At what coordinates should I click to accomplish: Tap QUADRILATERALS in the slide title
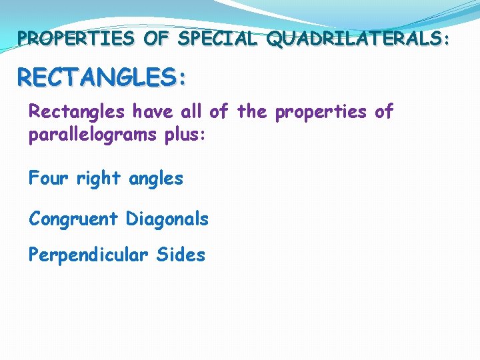click(x=352, y=39)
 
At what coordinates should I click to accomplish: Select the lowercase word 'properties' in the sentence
click(x=321, y=113)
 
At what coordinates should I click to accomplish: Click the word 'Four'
click(x=48, y=179)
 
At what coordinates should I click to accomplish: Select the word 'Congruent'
click(x=74, y=219)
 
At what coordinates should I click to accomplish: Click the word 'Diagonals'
click(x=167, y=219)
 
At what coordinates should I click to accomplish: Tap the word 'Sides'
click(x=181, y=255)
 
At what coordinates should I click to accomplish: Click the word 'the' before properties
click(x=252, y=111)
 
